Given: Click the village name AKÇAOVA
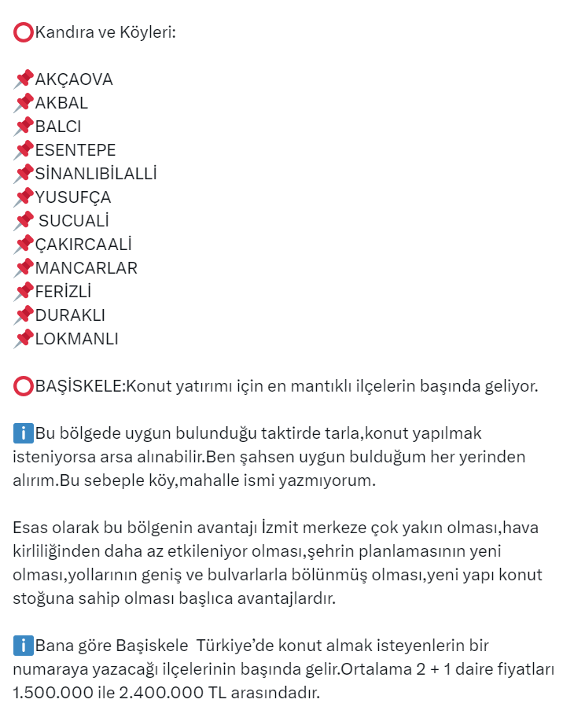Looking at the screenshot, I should pyautogui.click(x=74, y=79).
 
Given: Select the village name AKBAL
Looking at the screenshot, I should pyautogui.click(x=61, y=103).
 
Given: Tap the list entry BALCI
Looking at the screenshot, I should pyautogui.click(x=58, y=127).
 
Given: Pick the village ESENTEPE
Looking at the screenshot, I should pyautogui.click(x=75, y=150).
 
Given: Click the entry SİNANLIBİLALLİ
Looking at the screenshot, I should pyautogui.click(x=96, y=174).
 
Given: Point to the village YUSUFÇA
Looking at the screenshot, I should pyautogui.click(x=73, y=197).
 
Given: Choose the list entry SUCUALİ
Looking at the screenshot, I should pyautogui.click(x=74, y=221).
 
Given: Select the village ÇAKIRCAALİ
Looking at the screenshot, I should pyautogui.click(x=83, y=245).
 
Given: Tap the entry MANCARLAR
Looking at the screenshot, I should pyautogui.click(x=86, y=268).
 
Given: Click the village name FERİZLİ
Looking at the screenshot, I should pyautogui.click(x=64, y=292).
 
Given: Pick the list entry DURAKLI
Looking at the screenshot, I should pyautogui.click(x=70, y=315).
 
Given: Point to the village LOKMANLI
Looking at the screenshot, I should pyautogui.click(x=77, y=339).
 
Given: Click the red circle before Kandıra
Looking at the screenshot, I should pyautogui.click(x=24, y=32).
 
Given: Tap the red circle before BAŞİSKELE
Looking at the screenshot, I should pyautogui.click(x=24, y=386).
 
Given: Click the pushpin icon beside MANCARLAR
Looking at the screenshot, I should pyautogui.click(x=24, y=267).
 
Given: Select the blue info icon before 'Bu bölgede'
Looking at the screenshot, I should pyautogui.click(x=24, y=433).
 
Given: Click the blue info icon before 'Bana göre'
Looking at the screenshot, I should pyautogui.click(x=24, y=647).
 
